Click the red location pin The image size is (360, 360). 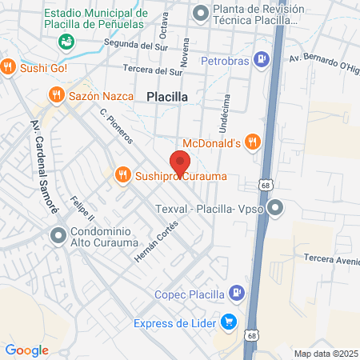pos(179,161)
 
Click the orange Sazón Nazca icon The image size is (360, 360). pos(56,96)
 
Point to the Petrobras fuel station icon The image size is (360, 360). pos(261,58)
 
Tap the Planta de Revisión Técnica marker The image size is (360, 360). pos(200,12)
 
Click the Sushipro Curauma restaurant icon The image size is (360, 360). pos(123,174)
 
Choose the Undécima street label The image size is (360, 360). pos(222,111)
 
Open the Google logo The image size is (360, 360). pos(26,350)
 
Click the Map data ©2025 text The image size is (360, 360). pos(326,354)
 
